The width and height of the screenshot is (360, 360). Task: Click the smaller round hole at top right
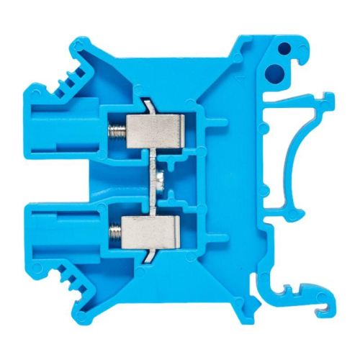(x=284, y=49)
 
